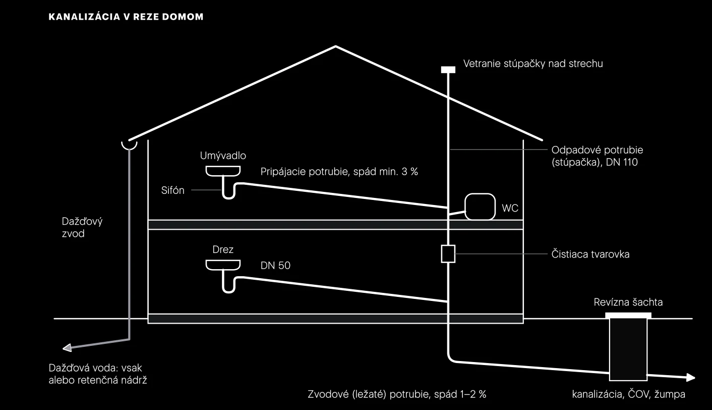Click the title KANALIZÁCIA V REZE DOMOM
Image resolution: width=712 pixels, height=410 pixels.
[x=126, y=17]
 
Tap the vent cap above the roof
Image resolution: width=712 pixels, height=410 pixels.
[x=448, y=70]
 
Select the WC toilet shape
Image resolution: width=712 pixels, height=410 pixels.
[x=480, y=207]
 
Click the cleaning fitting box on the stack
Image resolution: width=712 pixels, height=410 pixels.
[x=448, y=253]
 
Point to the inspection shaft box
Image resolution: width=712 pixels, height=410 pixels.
[x=628, y=347]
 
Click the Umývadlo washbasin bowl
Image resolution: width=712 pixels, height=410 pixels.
[x=223, y=171]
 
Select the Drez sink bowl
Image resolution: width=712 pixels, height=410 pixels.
[x=223, y=265]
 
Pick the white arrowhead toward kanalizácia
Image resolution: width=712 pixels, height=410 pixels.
[x=691, y=378]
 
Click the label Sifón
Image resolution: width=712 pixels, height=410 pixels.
[x=172, y=190]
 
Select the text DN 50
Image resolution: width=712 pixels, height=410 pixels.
[x=275, y=266]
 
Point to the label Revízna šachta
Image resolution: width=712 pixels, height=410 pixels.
[x=628, y=302]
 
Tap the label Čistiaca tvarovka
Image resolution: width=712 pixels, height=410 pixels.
[x=590, y=254]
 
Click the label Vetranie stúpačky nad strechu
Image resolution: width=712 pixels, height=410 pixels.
[x=533, y=64]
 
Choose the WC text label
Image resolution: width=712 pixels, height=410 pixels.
[x=510, y=208]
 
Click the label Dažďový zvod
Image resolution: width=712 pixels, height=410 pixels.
[x=82, y=227]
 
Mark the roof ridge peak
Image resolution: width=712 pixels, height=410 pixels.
[x=336, y=46]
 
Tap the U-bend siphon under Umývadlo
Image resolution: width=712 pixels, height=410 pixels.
[x=228, y=191]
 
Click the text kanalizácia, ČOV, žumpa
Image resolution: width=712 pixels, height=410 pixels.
[x=628, y=394]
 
